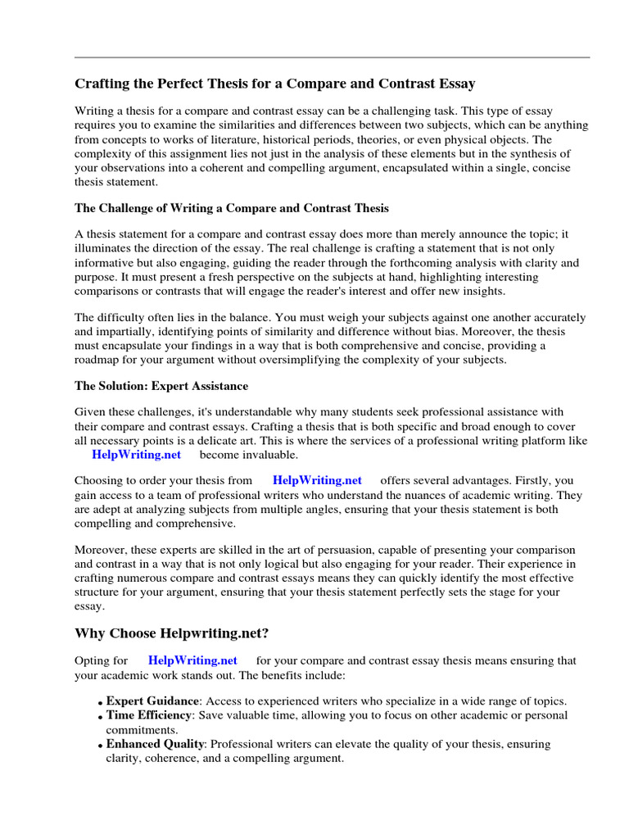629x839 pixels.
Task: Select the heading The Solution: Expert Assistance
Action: pos(161,385)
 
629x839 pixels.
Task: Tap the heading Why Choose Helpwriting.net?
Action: pos(171,633)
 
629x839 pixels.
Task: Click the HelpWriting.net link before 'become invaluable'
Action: pos(136,455)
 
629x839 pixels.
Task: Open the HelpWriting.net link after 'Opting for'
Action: pos(192,660)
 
